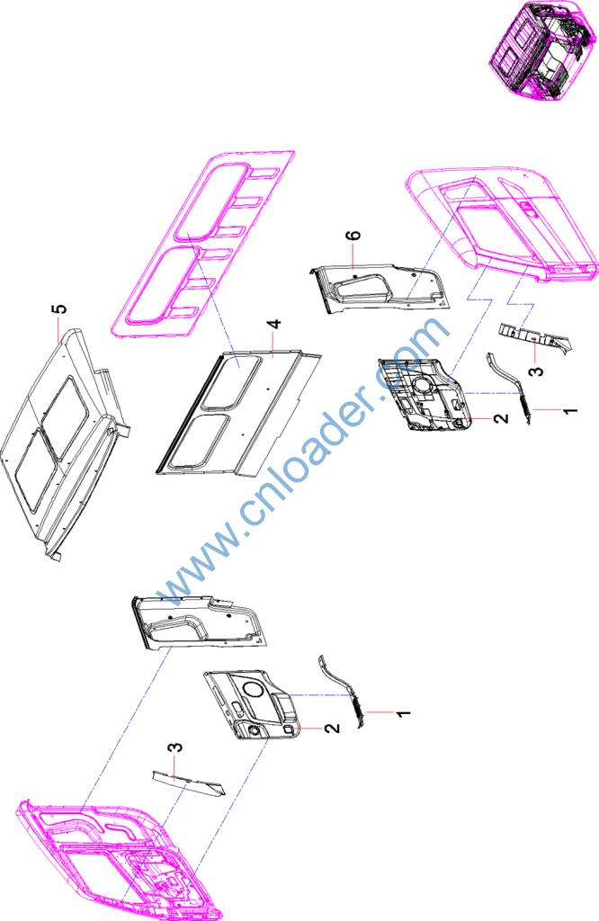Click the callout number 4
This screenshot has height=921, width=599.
pyautogui.click(x=274, y=324)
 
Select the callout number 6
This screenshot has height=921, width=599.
pyautogui.click(x=353, y=237)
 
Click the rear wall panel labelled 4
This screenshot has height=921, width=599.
pyautogui.click(x=237, y=414)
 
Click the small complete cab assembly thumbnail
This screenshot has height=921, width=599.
pyautogui.click(x=542, y=48)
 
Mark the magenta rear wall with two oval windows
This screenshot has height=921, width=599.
pyautogui.click(x=203, y=243)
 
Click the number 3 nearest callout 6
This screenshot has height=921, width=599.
pyautogui.click(x=535, y=371)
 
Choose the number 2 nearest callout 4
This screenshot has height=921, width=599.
pyautogui.click(x=500, y=418)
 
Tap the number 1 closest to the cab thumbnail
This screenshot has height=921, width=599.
pyautogui.click(x=569, y=410)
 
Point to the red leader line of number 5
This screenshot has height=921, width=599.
pyautogui.click(x=58, y=329)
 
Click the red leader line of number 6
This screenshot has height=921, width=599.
pyautogui.click(x=353, y=256)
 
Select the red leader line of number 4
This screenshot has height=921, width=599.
pyautogui.click(x=273, y=344)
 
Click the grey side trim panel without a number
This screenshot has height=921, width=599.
pyautogui.click(x=199, y=621)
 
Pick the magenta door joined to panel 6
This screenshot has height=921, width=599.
pyautogui.click(x=503, y=223)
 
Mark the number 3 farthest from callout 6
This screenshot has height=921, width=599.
pyautogui.click(x=175, y=748)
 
